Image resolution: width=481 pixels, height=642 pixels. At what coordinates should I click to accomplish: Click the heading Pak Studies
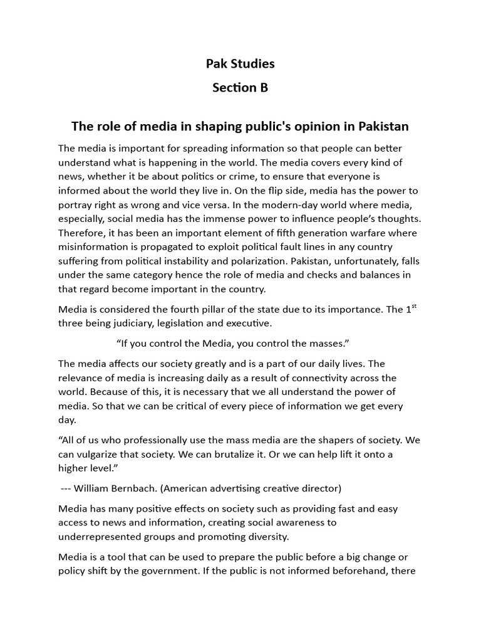click(240, 64)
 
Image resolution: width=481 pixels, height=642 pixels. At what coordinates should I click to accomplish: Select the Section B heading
click(240, 88)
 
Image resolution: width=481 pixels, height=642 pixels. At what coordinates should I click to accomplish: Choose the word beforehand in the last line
click(365, 571)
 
